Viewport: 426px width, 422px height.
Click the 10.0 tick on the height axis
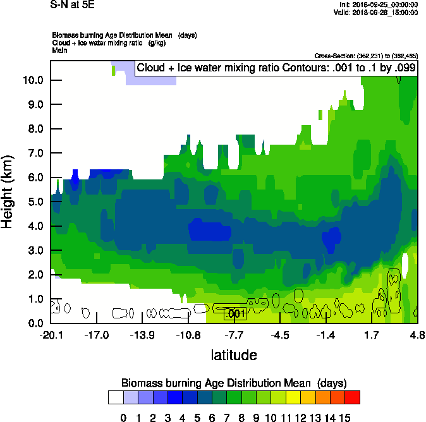tap(33, 80)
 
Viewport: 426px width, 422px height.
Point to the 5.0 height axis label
tap(33, 202)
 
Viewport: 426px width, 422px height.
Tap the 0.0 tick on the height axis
tap(33, 323)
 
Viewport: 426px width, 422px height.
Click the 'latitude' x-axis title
tap(234, 355)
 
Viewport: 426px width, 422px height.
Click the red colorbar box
tap(352, 397)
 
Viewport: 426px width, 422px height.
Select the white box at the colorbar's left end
tap(116, 397)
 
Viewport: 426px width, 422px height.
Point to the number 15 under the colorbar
tap(344, 417)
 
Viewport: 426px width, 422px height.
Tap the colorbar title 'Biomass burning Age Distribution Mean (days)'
tap(234, 383)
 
